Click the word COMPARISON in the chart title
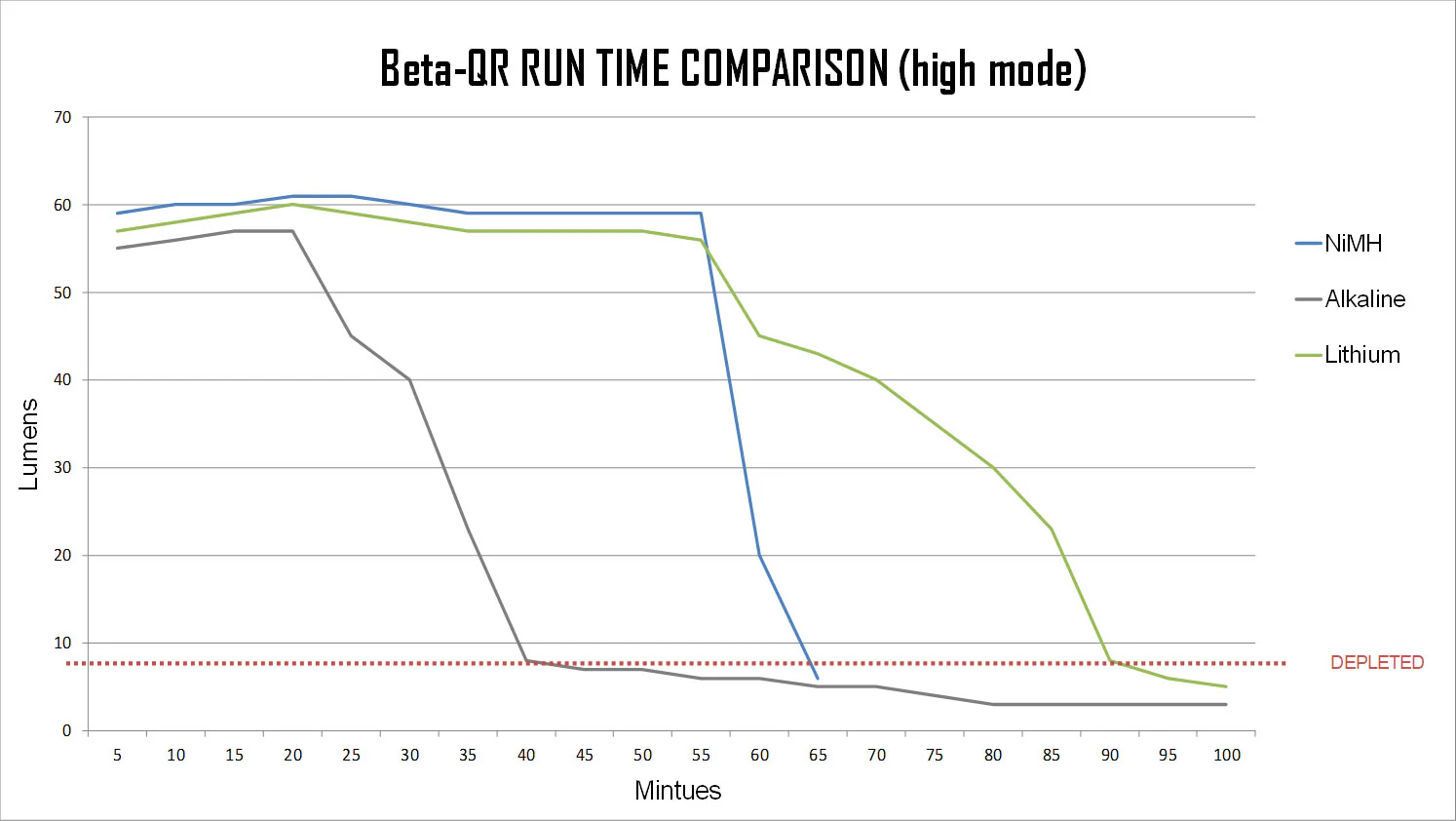(x=785, y=69)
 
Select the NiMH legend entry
(x=1353, y=244)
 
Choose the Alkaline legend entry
(x=1364, y=299)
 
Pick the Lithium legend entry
(x=1361, y=355)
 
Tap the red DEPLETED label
(x=1376, y=663)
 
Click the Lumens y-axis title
(x=29, y=444)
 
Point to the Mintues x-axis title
(x=677, y=791)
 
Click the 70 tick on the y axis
(x=62, y=118)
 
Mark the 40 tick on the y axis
(x=62, y=380)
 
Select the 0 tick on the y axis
(x=66, y=730)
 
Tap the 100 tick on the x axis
(x=1226, y=755)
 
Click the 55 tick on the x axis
(x=701, y=755)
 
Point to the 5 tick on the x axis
(x=117, y=755)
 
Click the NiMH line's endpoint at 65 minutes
(x=818, y=678)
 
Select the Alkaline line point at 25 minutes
(x=351, y=336)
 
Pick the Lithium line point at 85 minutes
(x=1052, y=529)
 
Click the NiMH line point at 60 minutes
(x=759, y=556)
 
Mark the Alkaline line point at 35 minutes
(x=468, y=529)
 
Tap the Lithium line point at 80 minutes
(x=993, y=468)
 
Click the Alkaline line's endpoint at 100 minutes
(x=1226, y=704)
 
